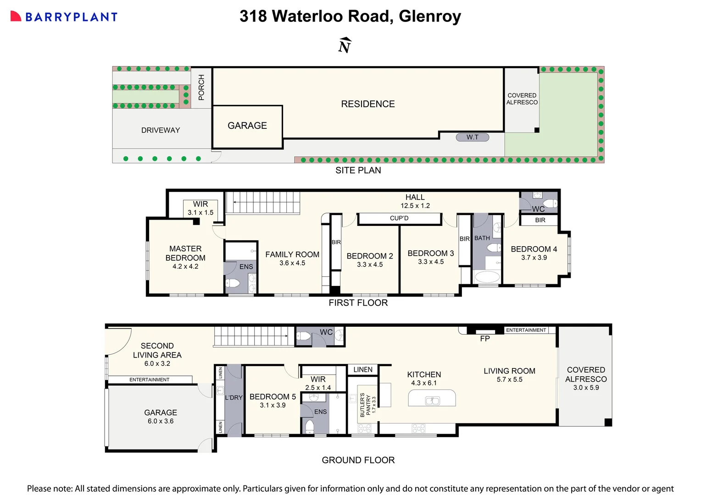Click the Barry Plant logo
tap(64, 17)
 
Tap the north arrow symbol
tap(345, 45)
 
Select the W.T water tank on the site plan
tap(472, 137)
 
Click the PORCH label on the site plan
tap(201, 87)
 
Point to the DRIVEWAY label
tap(161, 130)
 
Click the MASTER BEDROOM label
tap(185, 253)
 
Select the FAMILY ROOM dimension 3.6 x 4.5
tap(292, 263)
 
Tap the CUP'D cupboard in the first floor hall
tap(399, 218)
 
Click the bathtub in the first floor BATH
tap(487, 277)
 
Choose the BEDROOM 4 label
tap(534, 249)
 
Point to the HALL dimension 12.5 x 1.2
tap(415, 206)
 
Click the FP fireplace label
tap(485, 339)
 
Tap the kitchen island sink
tap(432, 401)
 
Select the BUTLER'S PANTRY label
tap(365, 404)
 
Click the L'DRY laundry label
tap(234, 397)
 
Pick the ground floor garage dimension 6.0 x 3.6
tap(161, 421)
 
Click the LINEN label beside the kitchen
tap(363, 369)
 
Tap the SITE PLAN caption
tap(358, 170)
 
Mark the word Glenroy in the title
tap(430, 16)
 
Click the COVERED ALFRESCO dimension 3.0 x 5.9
tap(586, 388)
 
